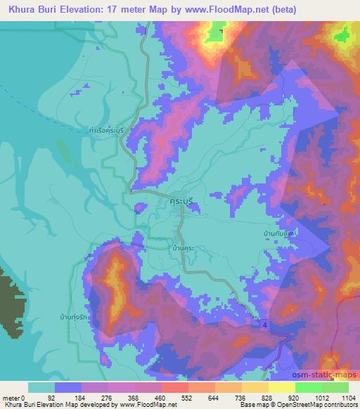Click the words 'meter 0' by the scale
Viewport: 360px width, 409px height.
click(x=15, y=398)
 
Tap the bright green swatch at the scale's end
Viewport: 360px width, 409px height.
click(x=335, y=387)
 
